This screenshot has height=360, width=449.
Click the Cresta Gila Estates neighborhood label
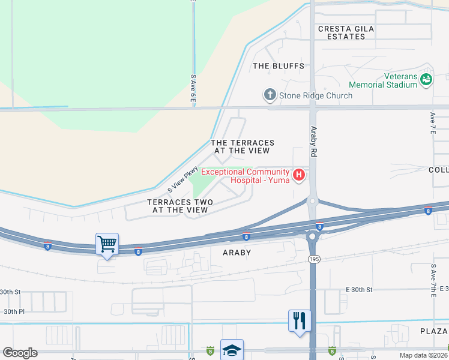coord(342,32)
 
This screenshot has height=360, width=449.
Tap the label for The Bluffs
coord(279,66)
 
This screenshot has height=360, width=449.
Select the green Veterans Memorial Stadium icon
coord(426,79)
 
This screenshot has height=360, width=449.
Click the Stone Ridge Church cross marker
coord(270,94)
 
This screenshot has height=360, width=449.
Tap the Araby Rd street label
coord(313,142)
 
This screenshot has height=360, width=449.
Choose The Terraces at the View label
coord(243,146)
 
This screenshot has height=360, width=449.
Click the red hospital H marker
coord(298,175)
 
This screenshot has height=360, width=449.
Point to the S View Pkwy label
coord(182,179)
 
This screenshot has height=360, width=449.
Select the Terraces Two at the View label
coord(178,206)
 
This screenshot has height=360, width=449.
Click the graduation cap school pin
coord(232,350)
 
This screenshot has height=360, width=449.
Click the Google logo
coord(20,353)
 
